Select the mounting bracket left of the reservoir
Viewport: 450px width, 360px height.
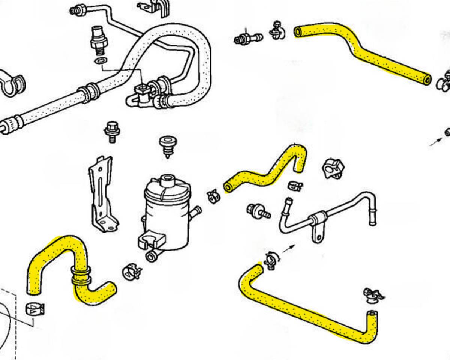pos(101,195)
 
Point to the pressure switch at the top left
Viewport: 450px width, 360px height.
pos(99,39)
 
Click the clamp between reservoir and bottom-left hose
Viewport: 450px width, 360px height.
pos(131,271)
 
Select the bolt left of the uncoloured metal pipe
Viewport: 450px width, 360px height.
pos(258,211)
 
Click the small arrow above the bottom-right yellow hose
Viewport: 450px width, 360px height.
pos(289,249)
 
